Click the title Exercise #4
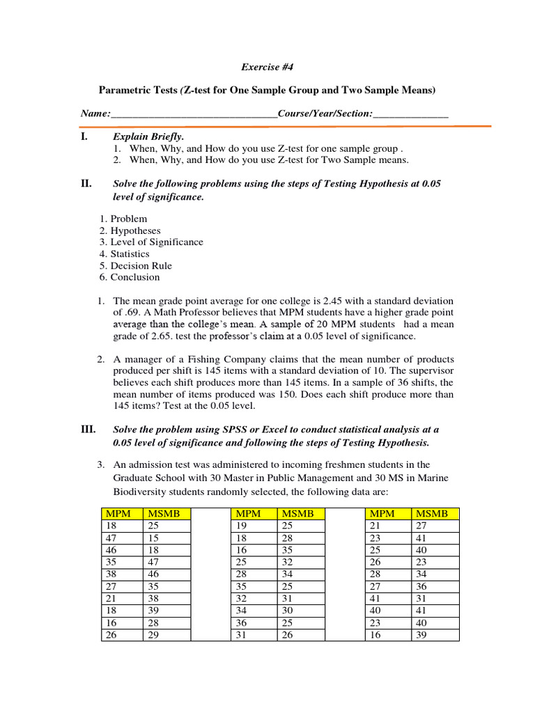point(267,67)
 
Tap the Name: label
point(95,113)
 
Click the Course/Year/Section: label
point(325,113)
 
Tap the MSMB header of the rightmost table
point(432,514)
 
